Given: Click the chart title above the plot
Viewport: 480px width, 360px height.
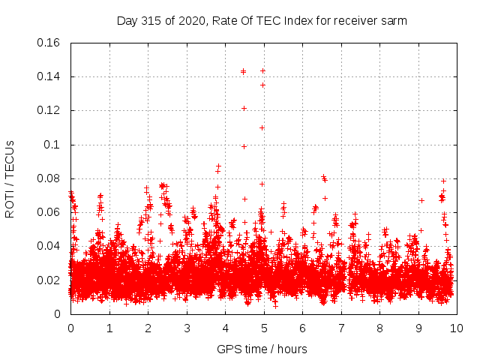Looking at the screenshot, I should pyautogui.click(x=262, y=21).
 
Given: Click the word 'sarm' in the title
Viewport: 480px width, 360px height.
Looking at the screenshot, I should pyautogui.click(x=392, y=21).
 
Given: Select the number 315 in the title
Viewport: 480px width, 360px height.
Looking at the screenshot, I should pyautogui.click(x=154, y=21).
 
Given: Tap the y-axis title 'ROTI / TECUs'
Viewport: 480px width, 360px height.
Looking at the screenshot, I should pyautogui.click(x=10, y=178).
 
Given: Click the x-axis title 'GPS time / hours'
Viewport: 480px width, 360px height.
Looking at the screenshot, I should pyautogui.click(x=262, y=349).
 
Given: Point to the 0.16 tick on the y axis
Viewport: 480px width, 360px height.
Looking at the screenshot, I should pyautogui.click(x=49, y=43).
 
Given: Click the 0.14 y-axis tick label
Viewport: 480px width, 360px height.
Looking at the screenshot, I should pyautogui.click(x=49, y=76).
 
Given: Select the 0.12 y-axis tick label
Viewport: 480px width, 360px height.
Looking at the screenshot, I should pyautogui.click(x=49, y=110).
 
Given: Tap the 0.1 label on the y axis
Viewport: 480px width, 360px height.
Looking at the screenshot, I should pyautogui.click(x=53, y=145).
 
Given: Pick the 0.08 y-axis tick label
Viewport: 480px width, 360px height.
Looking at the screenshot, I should pyautogui.click(x=49, y=178).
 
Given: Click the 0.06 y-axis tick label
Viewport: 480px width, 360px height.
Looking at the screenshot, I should pyautogui.click(x=49, y=212).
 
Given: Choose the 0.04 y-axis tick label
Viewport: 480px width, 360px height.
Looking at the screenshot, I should pyautogui.click(x=49, y=246).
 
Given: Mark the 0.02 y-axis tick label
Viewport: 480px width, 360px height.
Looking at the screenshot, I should pyautogui.click(x=49, y=280).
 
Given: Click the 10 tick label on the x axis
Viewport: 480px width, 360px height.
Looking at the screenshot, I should pyautogui.click(x=456, y=328).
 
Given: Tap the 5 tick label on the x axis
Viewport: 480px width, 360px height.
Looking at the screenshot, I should pyautogui.click(x=263, y=328).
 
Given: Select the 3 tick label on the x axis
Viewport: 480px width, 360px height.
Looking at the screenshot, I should pyautogui.click(x=186, y=328).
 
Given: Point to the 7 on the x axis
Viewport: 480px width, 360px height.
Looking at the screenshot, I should pyautogui.click(x=340, y=328).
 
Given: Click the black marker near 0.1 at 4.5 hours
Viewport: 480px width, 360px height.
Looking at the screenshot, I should pyautogui.click(x=244, y=146).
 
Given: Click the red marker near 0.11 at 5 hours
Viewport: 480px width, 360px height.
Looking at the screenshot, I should pyautogui.click(x=262, y=127).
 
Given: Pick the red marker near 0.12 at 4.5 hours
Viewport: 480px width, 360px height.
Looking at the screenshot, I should pyautogui.click(x=244, y=108).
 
